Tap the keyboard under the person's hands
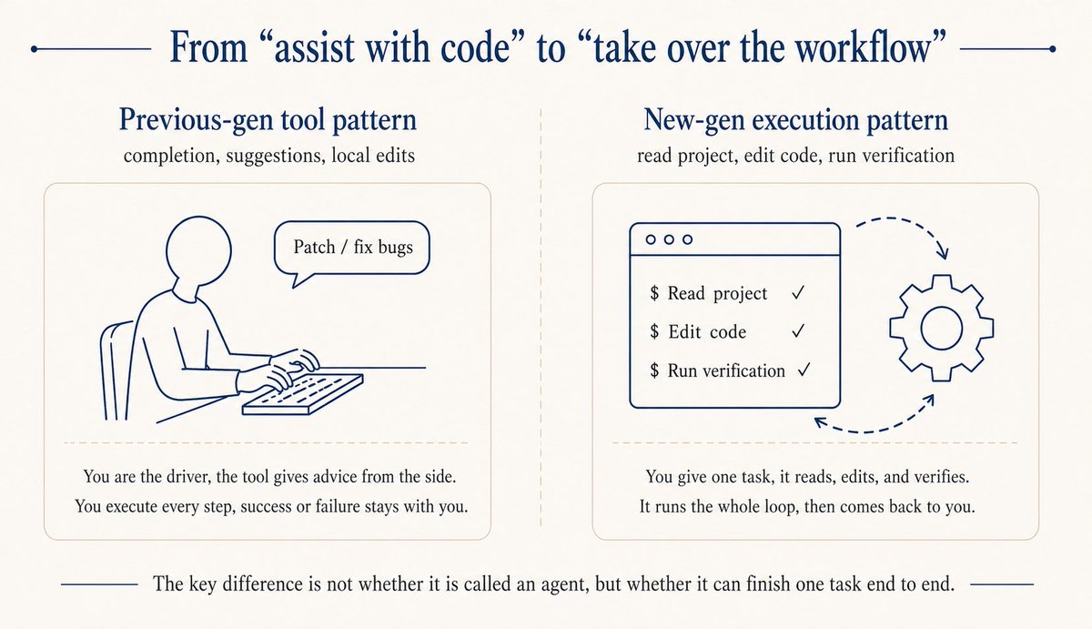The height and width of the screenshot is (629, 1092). [x=302, y=394]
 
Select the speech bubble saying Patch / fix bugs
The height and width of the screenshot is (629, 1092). [x=351, y=248]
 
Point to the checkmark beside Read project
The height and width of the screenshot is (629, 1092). [x=797, y=293]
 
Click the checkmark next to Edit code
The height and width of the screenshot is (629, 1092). [x=797, y=332]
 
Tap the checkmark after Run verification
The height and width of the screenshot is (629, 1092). [x=804, y=370]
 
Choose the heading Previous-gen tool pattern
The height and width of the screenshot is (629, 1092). [x=268, y=121]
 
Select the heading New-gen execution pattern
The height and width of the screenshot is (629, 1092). [x=796, y=121]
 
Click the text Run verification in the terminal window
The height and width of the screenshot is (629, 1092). [x=726, y=370]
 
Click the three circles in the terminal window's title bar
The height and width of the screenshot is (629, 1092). [x=669, y=239]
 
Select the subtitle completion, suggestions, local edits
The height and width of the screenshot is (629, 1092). [x=268, y=156]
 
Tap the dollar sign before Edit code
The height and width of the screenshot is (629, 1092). [x=654, y=332]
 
